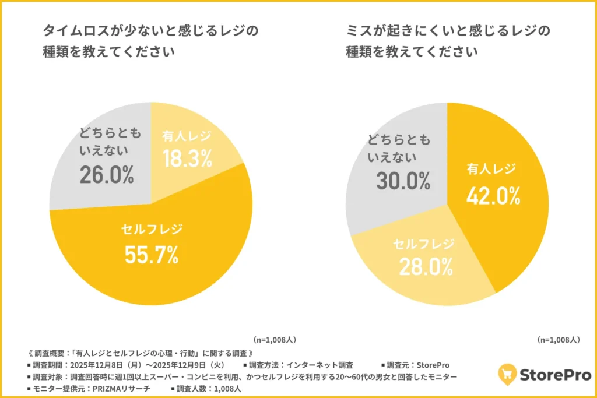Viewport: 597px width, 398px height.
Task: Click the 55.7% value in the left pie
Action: (151, 254)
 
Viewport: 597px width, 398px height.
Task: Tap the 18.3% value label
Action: (187, 159)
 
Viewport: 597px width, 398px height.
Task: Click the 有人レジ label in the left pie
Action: (187, 135)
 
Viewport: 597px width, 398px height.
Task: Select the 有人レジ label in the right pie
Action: (491, 170)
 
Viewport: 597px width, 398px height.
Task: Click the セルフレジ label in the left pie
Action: (152, 229)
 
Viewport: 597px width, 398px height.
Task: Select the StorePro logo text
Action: (554, 374)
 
